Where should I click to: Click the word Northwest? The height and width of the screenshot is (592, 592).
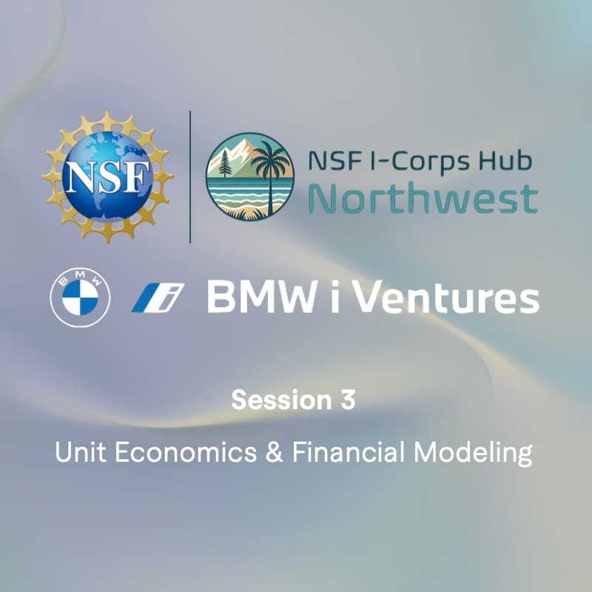423,198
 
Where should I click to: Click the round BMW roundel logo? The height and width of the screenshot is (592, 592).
80,298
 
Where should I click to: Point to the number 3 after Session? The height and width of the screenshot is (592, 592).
348,400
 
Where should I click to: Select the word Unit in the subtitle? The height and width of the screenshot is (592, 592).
77,452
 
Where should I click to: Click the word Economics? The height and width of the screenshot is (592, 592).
178,452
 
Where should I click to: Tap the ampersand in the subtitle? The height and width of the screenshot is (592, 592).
274,452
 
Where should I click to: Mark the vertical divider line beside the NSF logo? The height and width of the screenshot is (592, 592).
190,176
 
